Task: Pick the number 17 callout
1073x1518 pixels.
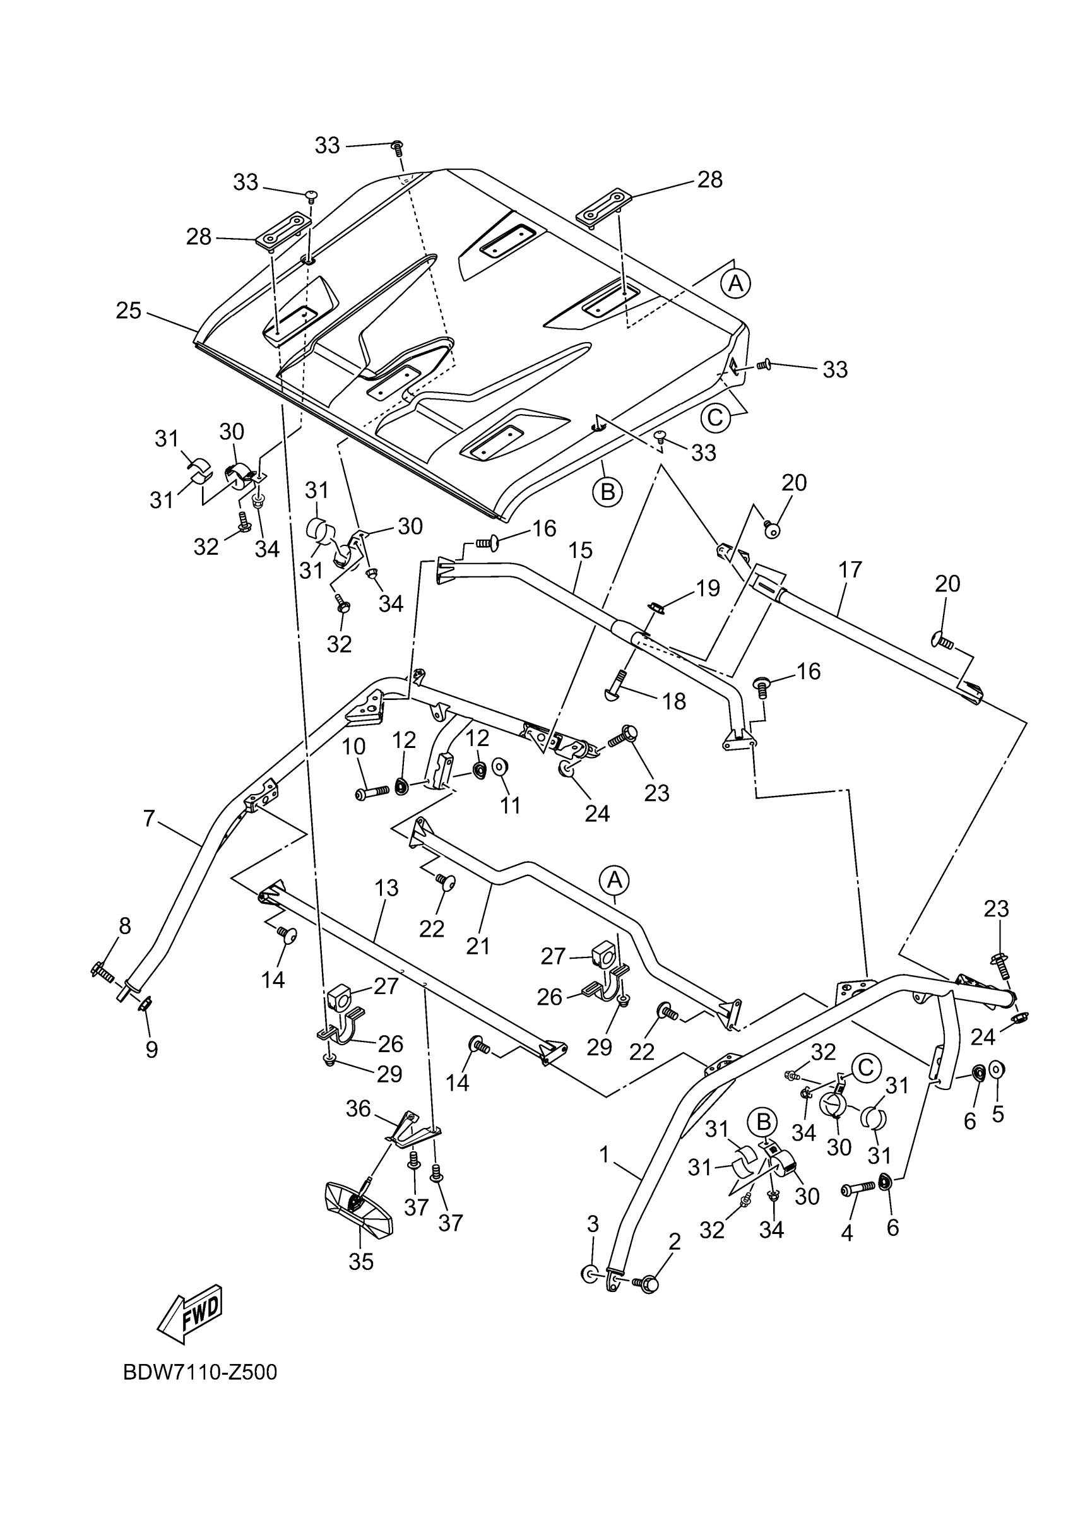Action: coord(850,569)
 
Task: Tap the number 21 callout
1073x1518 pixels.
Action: coord(477,946)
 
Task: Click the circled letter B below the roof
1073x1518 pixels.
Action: coord(608,491)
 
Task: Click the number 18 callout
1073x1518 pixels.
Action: coord(673,701)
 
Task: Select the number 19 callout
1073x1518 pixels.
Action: coord(708,588)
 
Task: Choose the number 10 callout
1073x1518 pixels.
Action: coord(353,747)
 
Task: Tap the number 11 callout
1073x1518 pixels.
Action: coord(511,805)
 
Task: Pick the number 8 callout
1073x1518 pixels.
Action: coord(125,925)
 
